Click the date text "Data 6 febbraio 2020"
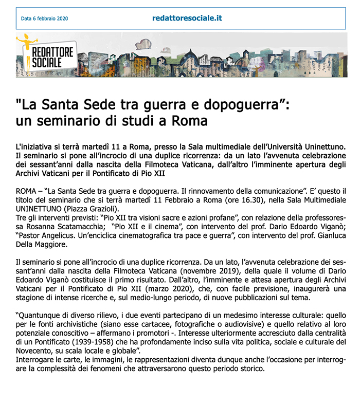pos(44,19)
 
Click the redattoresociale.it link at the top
pos(187,18)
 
